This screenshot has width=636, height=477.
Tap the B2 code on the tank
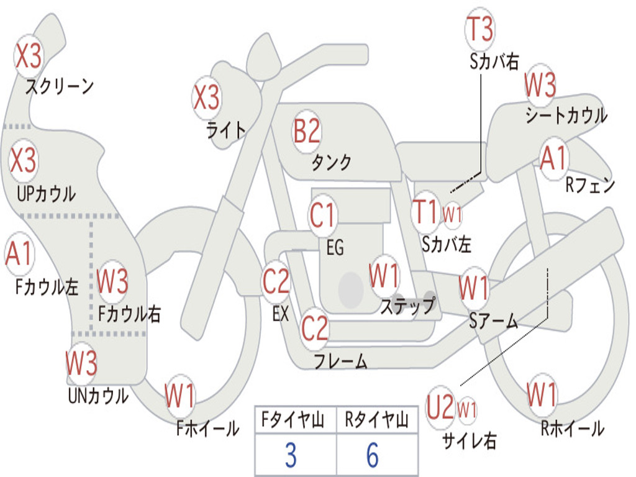point(307,132)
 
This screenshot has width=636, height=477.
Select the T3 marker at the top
point(480,29)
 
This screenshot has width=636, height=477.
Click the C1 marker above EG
point(323,216)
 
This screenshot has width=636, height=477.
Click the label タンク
point(332,163)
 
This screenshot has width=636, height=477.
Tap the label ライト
point(226,130)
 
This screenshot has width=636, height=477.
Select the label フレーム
point(340,361)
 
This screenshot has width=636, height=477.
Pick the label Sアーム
point(493,321)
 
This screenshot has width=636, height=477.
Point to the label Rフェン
point(589,185)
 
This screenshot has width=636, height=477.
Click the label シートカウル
point(566,116)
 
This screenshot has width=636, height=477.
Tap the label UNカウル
point(98,395)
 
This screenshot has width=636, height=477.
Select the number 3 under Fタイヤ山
point(291,455)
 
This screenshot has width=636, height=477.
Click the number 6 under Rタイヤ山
point(372,455)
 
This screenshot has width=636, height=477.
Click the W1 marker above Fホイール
point(180,396)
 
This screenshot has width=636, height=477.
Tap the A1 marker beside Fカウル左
point(19,255)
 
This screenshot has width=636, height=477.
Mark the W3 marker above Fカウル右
point(113,281)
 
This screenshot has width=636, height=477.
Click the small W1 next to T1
point(452,215)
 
